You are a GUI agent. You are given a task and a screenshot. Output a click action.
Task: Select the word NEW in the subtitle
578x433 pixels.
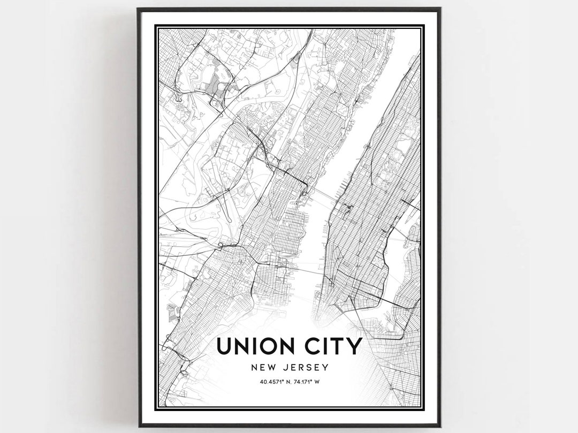click(263, 368)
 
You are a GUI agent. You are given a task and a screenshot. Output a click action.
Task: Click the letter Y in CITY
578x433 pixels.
click(355, 346)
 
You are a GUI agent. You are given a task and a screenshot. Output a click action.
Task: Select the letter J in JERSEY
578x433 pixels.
click(285, 368)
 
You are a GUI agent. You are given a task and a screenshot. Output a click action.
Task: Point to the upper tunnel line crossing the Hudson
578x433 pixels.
click(321, 193)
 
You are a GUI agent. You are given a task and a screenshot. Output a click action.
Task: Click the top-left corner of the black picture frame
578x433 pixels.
click(139, 9)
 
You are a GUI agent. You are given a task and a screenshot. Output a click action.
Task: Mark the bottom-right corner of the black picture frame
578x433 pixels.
click(440, 426)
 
